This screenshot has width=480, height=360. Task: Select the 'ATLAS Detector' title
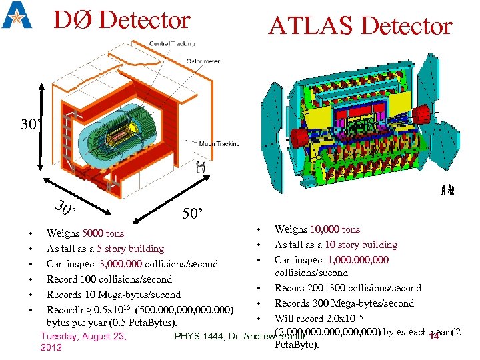pos(360,26)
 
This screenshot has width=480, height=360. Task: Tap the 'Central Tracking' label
pos(171,44)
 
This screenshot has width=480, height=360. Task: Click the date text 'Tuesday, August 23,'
pos(83,336)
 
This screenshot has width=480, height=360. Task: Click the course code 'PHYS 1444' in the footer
pos(197,336)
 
